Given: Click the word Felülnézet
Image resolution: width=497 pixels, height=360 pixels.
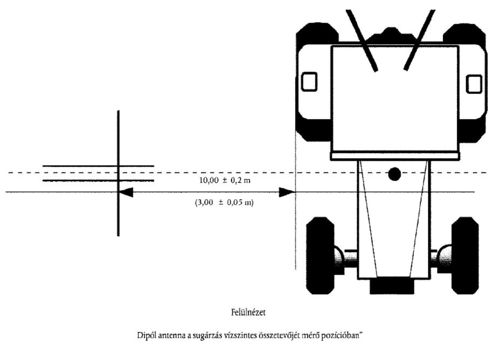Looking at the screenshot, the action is pos(248,313).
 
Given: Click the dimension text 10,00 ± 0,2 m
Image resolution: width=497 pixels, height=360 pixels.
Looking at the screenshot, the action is pos(224,180).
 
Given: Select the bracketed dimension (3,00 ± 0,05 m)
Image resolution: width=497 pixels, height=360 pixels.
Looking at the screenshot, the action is pos(224,202).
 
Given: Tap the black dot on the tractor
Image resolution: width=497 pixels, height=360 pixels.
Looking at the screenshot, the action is pos(394,174).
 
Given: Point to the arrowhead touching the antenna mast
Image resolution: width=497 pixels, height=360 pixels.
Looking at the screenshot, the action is pos(126,192).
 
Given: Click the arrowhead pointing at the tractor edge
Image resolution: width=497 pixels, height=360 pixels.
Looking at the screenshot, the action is pos(287,192).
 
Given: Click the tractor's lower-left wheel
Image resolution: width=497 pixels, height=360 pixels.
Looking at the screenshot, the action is pos(320,256).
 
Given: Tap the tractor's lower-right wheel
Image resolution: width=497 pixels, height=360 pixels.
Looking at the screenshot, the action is pos(465,256).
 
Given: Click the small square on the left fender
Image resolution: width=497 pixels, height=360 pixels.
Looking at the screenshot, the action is pos(309,81).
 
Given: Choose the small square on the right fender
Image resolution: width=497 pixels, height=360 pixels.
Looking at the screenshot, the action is pos(474,84).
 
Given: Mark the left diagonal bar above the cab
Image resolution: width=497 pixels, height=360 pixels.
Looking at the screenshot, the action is pos(362,40).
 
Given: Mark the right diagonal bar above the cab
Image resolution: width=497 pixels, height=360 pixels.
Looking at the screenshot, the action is pos(419,40).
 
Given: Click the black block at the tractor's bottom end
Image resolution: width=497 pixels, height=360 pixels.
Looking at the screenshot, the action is pos(392,287).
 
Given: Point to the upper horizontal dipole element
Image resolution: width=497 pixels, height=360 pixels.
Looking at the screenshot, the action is pos(98,166).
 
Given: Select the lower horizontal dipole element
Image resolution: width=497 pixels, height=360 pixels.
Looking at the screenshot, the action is pos(98,181).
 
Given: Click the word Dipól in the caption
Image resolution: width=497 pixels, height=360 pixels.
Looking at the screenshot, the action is pos(146,336).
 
